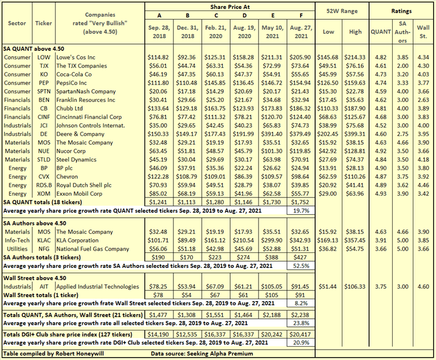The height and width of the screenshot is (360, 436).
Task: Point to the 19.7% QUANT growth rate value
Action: pyautogui.click(x=300, y=211)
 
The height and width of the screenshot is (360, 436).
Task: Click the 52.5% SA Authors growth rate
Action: pyautogui.click(x=300, y=267)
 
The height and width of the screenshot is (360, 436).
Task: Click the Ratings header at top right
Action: pyautogui.click(x=401, y=12)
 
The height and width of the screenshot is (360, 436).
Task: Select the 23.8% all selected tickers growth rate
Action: pyautogui.click(x=300, y=322)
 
